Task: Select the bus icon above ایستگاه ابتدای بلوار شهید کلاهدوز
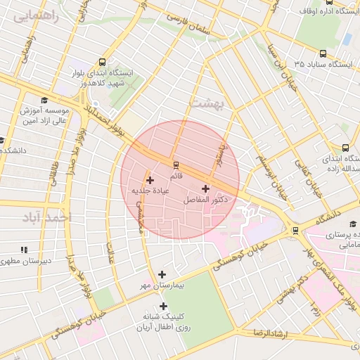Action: coord(104,61)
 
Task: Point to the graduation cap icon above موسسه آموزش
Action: coord(44,101)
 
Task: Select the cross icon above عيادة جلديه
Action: coord(150,181)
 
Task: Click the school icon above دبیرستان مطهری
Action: coord(25,250)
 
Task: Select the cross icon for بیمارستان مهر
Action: coord(162,274)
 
